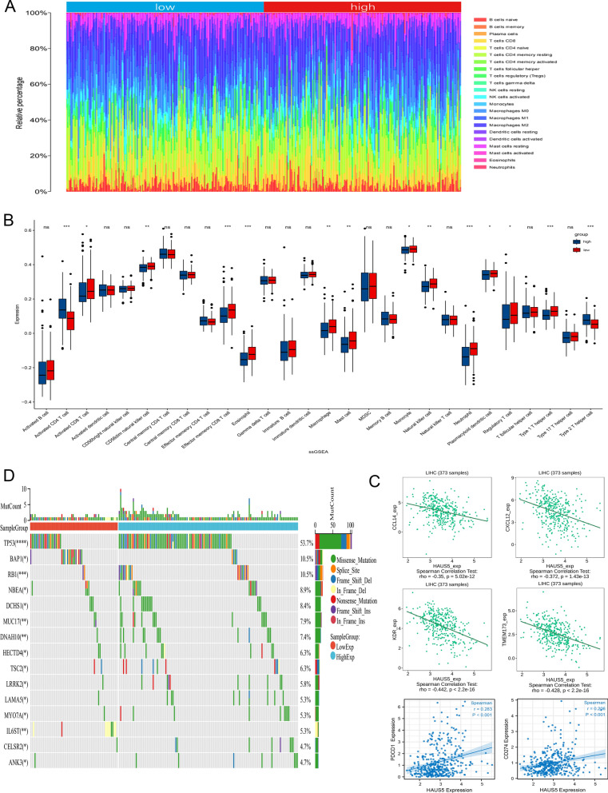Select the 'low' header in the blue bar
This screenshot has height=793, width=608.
pos(163,7)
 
